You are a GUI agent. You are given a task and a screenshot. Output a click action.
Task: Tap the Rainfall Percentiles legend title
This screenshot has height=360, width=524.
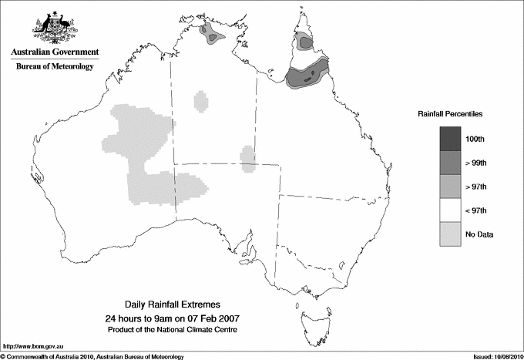point(450,113)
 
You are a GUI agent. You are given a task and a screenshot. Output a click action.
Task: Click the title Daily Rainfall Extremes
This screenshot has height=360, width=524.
point(173,305)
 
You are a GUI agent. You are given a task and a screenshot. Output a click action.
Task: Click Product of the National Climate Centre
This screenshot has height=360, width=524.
point(173,330)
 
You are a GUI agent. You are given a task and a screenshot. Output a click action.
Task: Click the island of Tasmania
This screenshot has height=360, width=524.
point(310,318)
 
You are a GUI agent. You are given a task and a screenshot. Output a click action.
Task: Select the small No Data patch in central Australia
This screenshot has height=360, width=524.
point(247,160)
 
